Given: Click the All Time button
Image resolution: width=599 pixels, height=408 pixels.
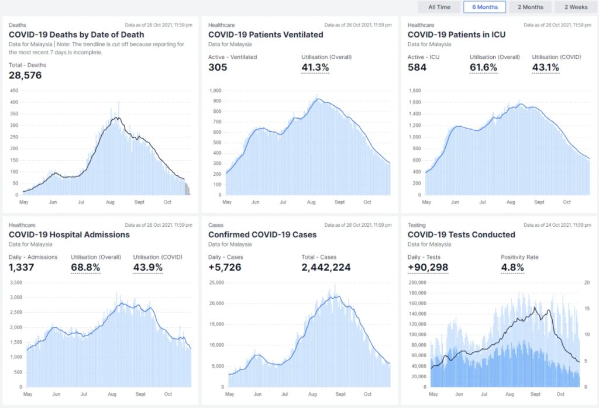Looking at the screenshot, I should click(x=439, y=7).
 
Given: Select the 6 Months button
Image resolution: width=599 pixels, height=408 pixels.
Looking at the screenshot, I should click(x=485, y=7).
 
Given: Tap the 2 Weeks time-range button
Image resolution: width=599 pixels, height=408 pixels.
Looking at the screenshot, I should click(x=576, y=7).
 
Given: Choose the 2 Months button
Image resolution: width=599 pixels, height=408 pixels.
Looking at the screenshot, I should click(x=530, y=7).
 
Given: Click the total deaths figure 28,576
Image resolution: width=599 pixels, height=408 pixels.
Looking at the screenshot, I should click(x=25, y=75).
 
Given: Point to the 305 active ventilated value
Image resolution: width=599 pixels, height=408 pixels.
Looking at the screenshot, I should click(x=218, y=67).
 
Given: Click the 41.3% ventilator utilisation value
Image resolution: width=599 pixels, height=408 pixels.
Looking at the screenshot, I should click(x=315, y=67).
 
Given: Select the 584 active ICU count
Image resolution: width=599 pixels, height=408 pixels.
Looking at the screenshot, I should click(x=417, y=67).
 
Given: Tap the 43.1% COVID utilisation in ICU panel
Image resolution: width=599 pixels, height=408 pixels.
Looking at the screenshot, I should click(x=545, y=67).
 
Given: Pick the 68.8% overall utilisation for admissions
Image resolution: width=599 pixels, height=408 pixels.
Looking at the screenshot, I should click(x=85, y=268).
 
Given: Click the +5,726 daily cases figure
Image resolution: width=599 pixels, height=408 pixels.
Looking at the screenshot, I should click(x=225, y=268).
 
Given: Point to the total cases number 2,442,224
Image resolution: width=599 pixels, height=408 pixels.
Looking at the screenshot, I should click(x=326, y=268).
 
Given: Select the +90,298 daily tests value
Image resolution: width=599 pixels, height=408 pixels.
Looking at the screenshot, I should click(x=428, y=268).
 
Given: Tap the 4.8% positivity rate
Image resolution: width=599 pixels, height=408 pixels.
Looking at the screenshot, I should click(x=512, y=268).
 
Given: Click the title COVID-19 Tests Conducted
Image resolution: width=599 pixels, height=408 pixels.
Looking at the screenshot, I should click(x=461, y=234).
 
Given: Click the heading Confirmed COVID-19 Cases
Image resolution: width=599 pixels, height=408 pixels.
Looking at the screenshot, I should click(x=262, y=234).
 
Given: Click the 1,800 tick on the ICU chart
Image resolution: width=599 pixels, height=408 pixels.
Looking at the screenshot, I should click(x=415, y=91).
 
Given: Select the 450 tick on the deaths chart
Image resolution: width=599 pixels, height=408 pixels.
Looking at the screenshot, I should click(x=14, y=91).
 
